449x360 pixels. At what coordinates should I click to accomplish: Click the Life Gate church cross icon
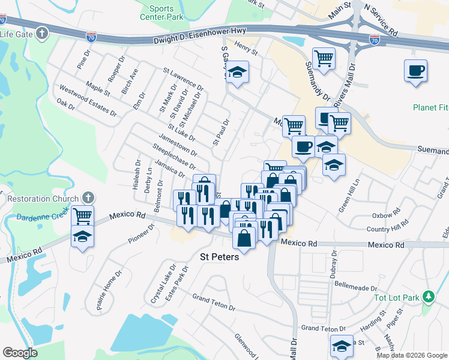[x=42, y=33]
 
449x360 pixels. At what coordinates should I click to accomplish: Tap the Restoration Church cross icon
[x=88, y=197]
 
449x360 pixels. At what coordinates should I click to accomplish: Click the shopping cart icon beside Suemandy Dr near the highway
[x=324, y=58]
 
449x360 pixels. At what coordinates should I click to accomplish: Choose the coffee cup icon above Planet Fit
[x=416, y=70]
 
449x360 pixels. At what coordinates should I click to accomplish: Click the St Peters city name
[x=219, y=257]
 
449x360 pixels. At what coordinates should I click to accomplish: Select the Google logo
[x=20, y=353]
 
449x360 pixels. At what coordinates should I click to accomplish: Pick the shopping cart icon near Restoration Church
[x=82, y=215]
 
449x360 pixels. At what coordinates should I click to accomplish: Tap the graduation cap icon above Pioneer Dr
[x=82, y=236]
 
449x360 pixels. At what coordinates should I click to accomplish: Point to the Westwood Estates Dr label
[x=86, y=100]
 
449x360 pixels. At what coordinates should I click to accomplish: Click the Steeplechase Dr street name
[x=174, y=156]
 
